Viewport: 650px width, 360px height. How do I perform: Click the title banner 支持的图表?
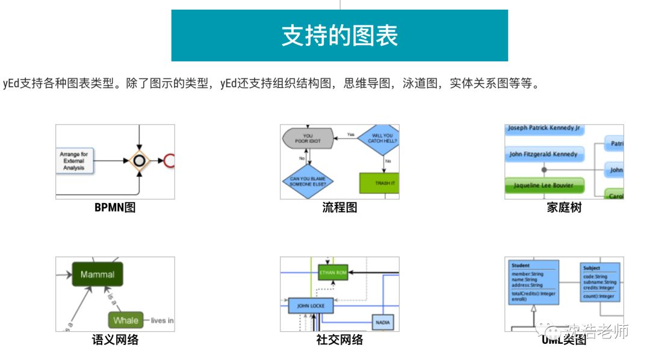339,36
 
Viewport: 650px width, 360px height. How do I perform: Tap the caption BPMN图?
115,208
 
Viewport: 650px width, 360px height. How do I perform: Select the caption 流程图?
339,208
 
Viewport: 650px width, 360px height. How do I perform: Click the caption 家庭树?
564,208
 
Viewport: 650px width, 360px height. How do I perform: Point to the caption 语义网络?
115,340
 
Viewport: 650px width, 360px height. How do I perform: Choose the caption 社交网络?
339,340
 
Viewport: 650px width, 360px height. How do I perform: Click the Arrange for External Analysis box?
74,161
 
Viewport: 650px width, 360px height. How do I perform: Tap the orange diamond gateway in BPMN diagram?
140,161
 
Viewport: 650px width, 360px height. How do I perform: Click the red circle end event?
170,161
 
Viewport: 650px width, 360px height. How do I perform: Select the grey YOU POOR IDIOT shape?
308,138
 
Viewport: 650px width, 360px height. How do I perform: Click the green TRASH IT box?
379,183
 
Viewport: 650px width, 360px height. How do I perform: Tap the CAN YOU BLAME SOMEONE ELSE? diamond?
308,182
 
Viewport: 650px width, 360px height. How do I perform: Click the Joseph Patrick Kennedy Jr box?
543,129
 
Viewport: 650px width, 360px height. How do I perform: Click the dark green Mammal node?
97,275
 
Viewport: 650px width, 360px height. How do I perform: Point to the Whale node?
126,320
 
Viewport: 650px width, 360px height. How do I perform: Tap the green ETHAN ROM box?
333,273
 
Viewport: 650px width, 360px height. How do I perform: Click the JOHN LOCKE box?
311,306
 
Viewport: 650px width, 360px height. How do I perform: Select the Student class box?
534,282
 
